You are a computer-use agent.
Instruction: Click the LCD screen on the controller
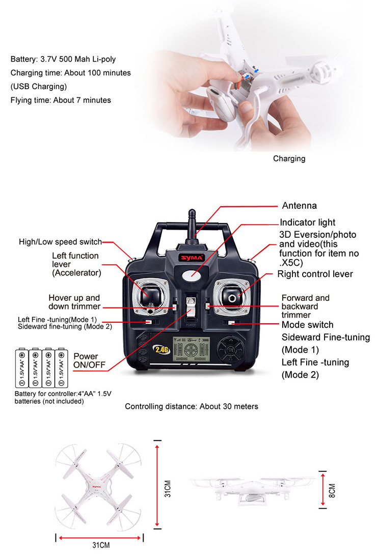point(192,350)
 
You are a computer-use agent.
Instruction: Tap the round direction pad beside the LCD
point(230,350)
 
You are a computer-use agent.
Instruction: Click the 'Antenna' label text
point(299,206)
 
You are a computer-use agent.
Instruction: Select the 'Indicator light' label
point(307,222)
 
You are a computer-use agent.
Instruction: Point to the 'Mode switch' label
point(307,325)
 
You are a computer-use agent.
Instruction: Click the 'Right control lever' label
point(315,274)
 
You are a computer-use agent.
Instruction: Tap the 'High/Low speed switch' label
point(60,242)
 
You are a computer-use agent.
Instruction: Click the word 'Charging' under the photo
point(289,158)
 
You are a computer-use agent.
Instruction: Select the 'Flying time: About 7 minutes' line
point(61,100)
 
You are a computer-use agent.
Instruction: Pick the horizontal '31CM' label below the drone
point(101,545)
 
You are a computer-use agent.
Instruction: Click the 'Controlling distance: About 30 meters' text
point(192,406)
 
